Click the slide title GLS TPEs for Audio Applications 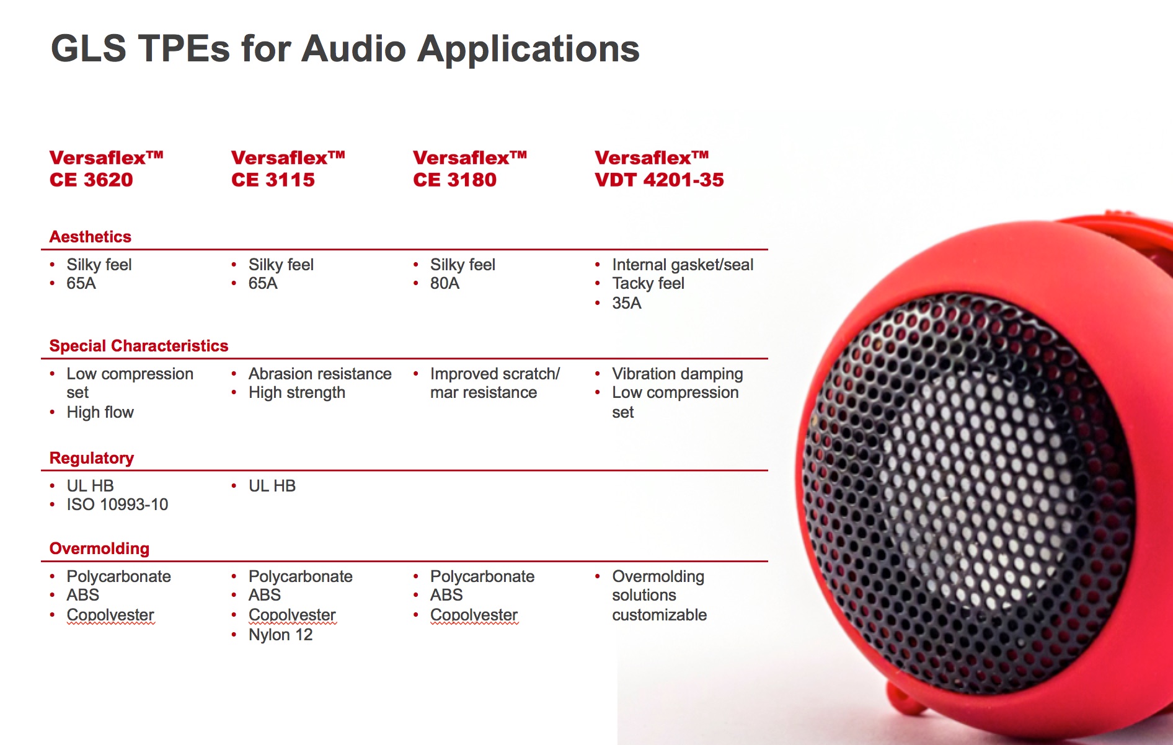pos(345,48)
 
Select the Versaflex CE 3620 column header pos(107,169)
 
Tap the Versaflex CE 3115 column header pos(288,169)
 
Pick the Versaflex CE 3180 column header pos(470,169)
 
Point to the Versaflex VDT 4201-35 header pos(659,169)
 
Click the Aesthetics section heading pos(91,237)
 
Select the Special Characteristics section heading pos(139,346)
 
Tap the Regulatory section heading pos(92,458)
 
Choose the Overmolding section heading pos(99,549)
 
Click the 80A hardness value pos(445,284)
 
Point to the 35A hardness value pos(627,303)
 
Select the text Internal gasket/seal pos(683,265)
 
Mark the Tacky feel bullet pos(648,284)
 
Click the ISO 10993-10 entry pos(117,505)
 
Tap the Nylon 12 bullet pos(280,635)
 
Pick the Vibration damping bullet pos(677,374)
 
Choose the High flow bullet pos(100,412)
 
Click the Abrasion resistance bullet pos(320,374)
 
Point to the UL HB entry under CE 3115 pos(272,486)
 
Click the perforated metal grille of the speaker pos(967,490)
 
